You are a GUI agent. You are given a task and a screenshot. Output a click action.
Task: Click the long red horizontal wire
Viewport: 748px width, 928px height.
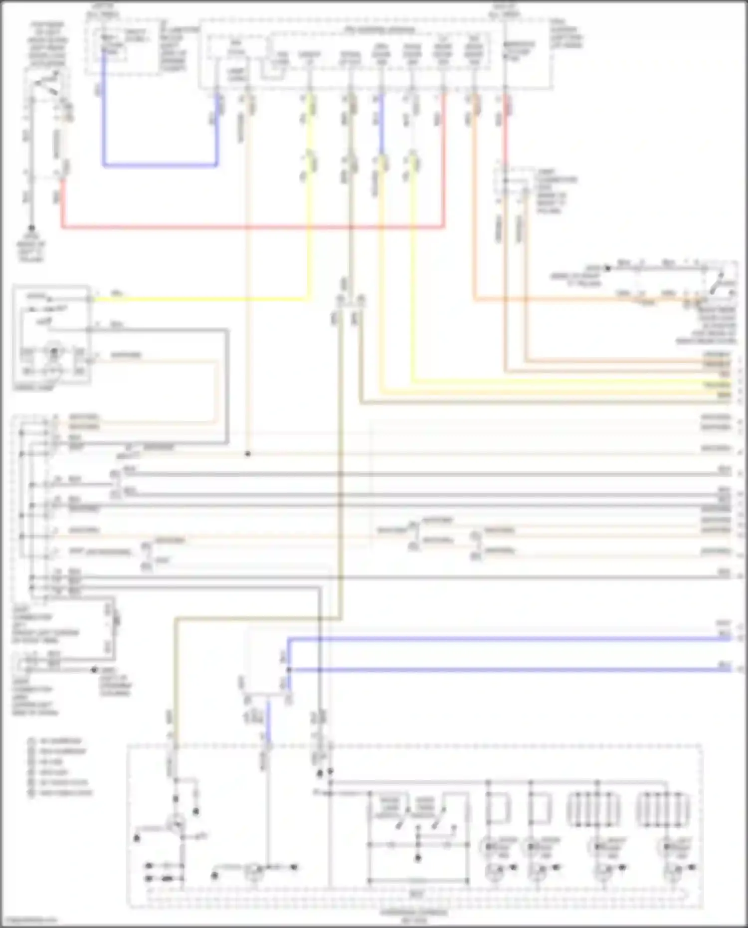(x=249, y=227)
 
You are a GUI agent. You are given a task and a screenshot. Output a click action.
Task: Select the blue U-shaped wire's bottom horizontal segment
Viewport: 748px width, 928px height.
(x=160, y=165)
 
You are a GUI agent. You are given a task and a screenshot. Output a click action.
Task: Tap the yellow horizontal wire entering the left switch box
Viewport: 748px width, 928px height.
(x=199, y=299)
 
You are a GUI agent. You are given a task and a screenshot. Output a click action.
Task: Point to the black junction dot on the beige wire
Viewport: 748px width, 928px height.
(x=248, y=454)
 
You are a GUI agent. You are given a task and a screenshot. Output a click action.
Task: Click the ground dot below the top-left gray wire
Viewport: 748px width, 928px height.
(x=31, y=228)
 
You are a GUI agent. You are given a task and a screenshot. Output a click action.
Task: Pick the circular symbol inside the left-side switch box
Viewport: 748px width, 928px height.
(x=54, y=351)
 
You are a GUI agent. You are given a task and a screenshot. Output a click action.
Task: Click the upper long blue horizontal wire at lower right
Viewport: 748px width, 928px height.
(x=499, y=638)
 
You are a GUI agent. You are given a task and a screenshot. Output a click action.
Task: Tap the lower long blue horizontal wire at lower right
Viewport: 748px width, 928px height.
(x=499, y=670)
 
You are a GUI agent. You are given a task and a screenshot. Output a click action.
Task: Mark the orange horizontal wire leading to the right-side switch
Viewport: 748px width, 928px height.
(x=573, y=300)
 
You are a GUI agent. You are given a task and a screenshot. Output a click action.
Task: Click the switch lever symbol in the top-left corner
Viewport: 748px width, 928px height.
(x=47, y=82)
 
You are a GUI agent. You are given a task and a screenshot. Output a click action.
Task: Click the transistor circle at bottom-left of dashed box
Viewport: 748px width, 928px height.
(x=176, y=825)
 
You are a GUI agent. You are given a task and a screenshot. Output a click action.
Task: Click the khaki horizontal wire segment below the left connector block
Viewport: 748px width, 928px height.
(x=249, y=619)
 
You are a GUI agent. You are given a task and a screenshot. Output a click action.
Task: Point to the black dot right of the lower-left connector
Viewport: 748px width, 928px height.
(x=94, y=670)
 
